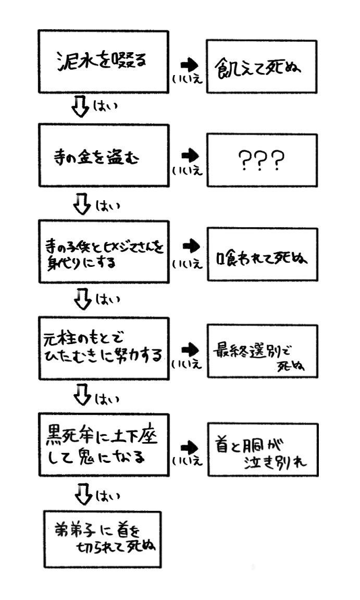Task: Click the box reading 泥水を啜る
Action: (103, 62)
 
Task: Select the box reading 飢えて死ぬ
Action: (261, 66)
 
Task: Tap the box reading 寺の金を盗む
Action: (103, 155)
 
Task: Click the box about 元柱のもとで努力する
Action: (103, 347)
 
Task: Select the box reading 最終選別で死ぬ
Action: (261, 351)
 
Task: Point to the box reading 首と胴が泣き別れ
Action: (261, 449)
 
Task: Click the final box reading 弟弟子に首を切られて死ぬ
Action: (103, 539)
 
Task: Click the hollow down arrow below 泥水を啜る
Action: (81, 108)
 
